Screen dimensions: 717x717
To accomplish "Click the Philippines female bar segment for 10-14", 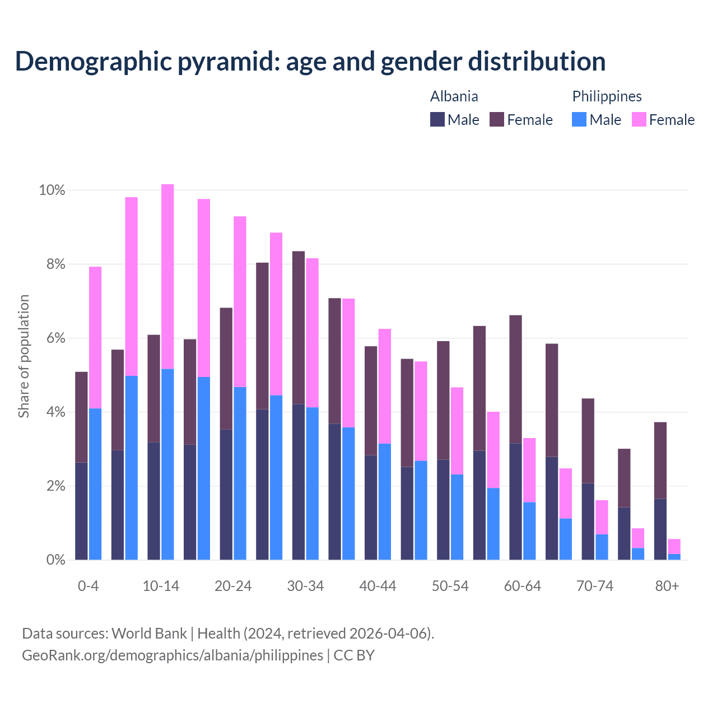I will [x=167, y=276].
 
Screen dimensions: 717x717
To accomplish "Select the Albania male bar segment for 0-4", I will [x=81, y=511].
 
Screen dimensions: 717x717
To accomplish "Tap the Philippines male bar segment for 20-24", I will [x=240, y=473].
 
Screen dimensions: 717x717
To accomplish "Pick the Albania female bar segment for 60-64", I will [x=515, y=379].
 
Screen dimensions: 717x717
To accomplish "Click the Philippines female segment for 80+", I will [x=674, y=546].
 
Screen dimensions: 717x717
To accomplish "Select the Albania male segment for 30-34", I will [x=299, y=482].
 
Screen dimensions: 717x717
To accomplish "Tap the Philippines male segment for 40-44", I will [x=385, y=501].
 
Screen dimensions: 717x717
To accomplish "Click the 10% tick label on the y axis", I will [x=52, y=190].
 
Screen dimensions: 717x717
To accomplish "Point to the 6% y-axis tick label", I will [x=55, y=338].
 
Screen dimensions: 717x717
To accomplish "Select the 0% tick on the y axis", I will [x=55, y=560].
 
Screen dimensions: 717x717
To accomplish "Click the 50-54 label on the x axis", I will [x=450, y=586].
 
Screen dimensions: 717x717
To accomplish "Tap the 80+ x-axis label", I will [x=667, y=586].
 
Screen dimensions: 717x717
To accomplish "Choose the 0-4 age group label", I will [x=88, y=586].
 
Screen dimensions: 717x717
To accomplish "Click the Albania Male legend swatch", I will [x=437, y=119].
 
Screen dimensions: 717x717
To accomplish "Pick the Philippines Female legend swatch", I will [x=639, y=119].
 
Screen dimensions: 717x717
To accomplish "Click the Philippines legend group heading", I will [x=607, y=96].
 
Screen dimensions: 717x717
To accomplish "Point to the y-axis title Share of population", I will [x=24, y=356].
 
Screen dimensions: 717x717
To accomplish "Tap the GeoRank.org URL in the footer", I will [x=173, y=655].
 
